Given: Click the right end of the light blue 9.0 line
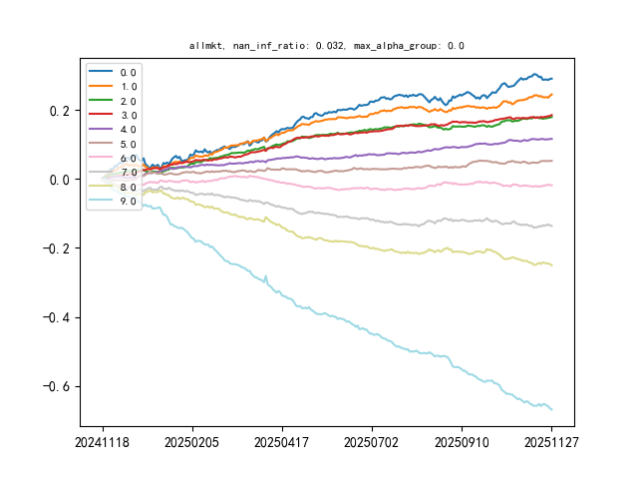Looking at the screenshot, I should [552, 409].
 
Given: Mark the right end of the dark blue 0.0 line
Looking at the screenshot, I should [552, 78].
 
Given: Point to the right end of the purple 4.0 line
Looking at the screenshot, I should [552, 139].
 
